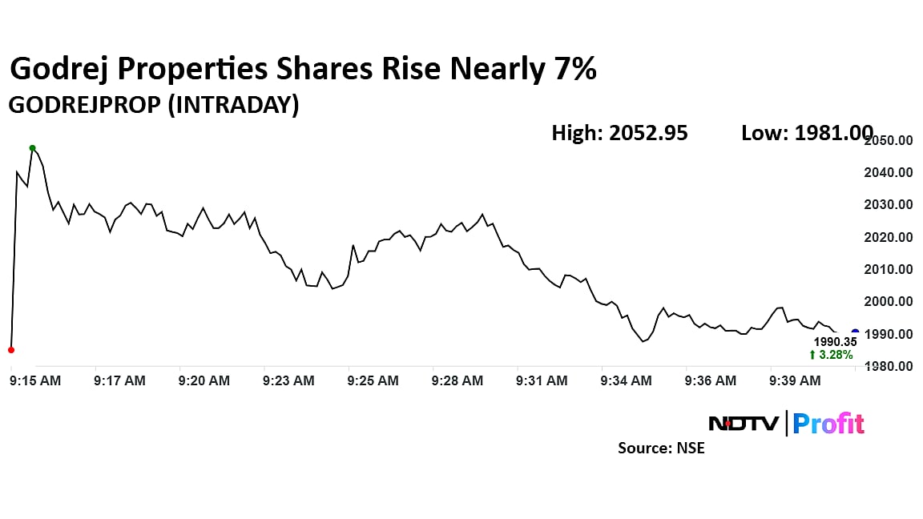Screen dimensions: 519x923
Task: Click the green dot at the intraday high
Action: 32,148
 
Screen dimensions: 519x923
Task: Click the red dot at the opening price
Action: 10,350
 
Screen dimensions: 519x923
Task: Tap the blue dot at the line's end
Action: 855,332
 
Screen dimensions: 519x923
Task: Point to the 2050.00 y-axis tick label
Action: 892,140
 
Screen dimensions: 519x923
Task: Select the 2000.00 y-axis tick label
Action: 892,302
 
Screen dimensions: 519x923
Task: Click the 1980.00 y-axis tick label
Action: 892,367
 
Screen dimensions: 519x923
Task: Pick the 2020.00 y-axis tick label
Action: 892,237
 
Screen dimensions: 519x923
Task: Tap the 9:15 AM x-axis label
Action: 35,381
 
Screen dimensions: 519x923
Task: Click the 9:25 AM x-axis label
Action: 373,381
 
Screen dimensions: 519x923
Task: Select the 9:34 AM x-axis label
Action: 627,381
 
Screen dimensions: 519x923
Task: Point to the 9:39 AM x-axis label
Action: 795,381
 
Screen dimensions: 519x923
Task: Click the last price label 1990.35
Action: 836,341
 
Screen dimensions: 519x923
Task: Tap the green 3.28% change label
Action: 831,355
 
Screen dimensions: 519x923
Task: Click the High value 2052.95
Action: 647,133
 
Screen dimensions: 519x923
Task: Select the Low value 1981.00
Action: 833,133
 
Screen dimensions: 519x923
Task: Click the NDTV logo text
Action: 744,423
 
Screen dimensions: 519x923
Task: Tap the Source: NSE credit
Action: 661,448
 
